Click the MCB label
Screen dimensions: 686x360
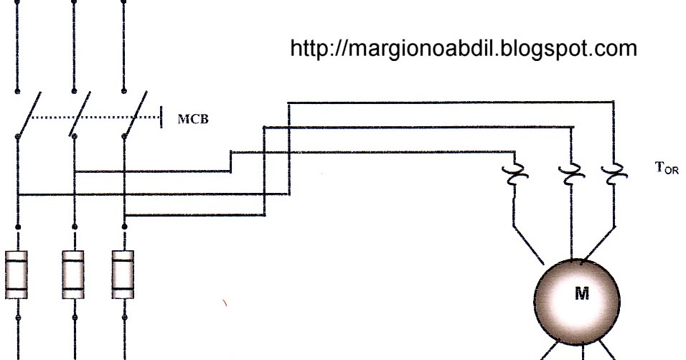pyautogui.click(x=193, y=120)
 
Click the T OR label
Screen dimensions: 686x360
pyautogui.click(x=666, y=169)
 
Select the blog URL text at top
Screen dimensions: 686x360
pyautogui.click(x=464, y=49)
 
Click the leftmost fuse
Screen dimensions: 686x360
pyautogui.click(x=17, y=273)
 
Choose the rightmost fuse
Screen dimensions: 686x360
pyautogui.click(x=124, y=273)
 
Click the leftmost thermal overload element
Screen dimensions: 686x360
pyautogui.click(x=514, y=174)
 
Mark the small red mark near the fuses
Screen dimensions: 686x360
pyautogui.click(x=225, y=304)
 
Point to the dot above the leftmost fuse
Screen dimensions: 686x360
pyautogui.click(x=17, y=227)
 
